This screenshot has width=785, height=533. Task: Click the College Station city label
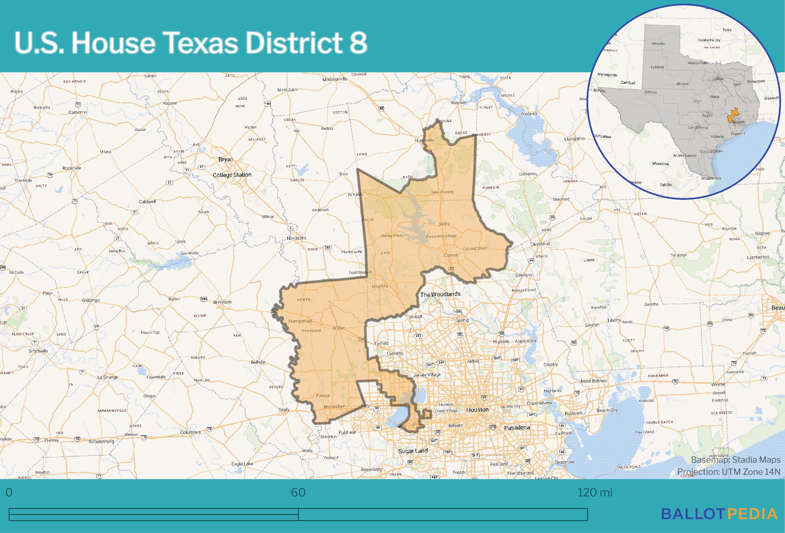(x=232, y=175)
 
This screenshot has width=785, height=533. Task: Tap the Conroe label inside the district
(x=451, y=255)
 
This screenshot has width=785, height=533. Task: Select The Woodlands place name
(x=440, y=294)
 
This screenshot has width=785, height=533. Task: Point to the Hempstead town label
(x=300, y=321)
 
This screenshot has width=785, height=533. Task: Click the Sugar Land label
(x=413, y=451)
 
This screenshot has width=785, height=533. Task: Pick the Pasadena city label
(x=517, y=427)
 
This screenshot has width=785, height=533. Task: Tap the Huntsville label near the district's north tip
(x=425, y=140)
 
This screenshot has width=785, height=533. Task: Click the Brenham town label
(x=222, y=302)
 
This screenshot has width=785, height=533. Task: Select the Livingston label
(x=574, y=139)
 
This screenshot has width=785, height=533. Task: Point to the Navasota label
(x=296, y=238)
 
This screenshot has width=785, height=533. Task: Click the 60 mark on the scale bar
(x=298, y=492)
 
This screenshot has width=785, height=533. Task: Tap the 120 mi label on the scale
(x=595, y=492)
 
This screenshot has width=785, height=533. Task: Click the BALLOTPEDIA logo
(x=719, y=514)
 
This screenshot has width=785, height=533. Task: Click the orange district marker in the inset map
(x=732, y=116)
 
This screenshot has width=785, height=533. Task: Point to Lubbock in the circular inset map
(x=657, y=67)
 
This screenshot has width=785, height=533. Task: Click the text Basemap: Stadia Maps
(x=736, y=460)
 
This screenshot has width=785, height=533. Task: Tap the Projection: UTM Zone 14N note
(x=728, y=472)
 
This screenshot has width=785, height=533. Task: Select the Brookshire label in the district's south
(x=334, y=406)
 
